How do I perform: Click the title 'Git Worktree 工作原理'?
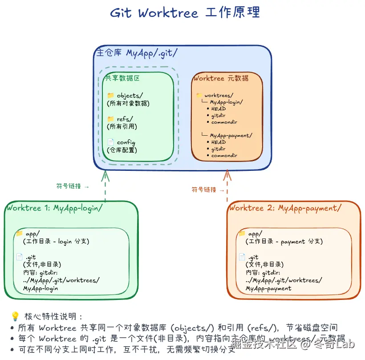pyautogui.click(x=185, y=12)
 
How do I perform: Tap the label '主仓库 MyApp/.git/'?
pyautogui.click(x=137, y=53)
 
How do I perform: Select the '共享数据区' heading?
pyautogui.click(x=122, y=78)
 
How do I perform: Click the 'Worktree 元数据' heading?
pyautogui.click(x=221, y=78)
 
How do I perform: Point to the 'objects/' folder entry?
pyautogui.click(x=130, y=95)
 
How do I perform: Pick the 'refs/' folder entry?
pyautogui.click(x=125, y=119)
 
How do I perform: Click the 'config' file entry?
pyautogui.click(x=126, y=142)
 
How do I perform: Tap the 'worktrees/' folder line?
pyautogui.click(x=219, y=95)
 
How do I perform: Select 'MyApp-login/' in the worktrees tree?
pyautogui.click(x=226, y=102)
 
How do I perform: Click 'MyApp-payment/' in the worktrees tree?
pyautogui.click(x=231, y=135)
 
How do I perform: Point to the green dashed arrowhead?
pyautogui.click(x=105, y=175)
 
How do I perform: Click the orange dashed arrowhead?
pyautogui.click(x=227, y=175)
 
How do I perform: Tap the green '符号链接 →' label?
pyautogui.click(x=73, y=186)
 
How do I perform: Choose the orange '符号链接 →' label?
pyautogui.click(x=208, y=190)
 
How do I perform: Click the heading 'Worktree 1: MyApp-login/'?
pyautogui.click(x=55, y=208)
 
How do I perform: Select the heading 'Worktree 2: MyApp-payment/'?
pyautogui.click(x=285, y=208)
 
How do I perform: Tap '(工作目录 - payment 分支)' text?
pyautogui.click(x=284, y=241)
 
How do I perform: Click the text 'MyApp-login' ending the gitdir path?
pyautogui.click(x=41, y=288)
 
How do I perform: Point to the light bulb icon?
pyautogui.click(x=15, y=316)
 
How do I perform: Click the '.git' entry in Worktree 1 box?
pyautogui.click(x=30, y=257)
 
